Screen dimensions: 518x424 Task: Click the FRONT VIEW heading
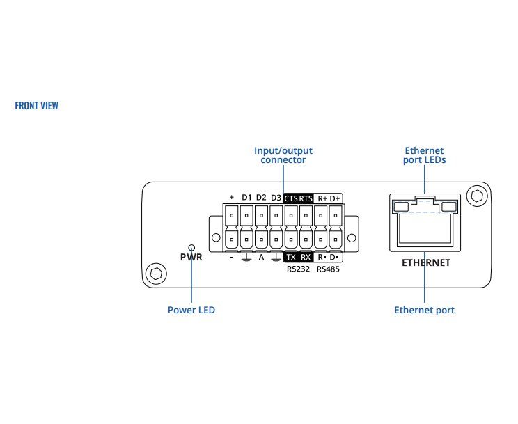pyautogui.click(x=37, y=106)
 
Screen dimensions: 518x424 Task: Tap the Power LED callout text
pyautogui.click(x=191, y=310)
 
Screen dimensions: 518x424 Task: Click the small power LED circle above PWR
pyautogui.click(x=191, y=248)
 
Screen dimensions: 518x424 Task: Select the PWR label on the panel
pyautogui.click(x=191, y=257)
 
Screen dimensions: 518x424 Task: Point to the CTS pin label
pyautogui.click(x=291, y=198)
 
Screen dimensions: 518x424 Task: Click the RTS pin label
pyautogui.click(x=306, y=198)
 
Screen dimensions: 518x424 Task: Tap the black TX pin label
pyautogui.click(x=291, y=257)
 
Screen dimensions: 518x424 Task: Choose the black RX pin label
pyautogui.click(x=306, y=257)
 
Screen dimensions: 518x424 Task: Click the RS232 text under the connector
pyautogui.click(x=298, y=269)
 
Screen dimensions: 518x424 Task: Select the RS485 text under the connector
pyautogui.click(x=328, y=269)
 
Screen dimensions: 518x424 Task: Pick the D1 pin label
pyautogui.click(x=246, y=198)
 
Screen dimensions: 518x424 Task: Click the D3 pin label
pyautogui.click(x=276, y=198)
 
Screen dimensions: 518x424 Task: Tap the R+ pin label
pyautogui.click(x=322, y=198)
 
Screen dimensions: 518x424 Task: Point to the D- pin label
pyautogui.click(x=334, y=257)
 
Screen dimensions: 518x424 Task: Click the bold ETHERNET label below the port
pyautogui.click(x=426, y=262)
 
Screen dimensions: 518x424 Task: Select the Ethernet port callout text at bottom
pyautogui.click(x=424, y=310)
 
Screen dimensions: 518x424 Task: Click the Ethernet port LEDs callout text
pyautogui.click(x=424, y=155)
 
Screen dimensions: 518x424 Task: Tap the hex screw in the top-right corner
pyautogui.click(x=477, y=196)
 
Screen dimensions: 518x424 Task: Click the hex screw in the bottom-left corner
pyautogui.click(x=156, y=274)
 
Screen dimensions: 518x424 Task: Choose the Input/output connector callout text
pyautogui.click(x=283, y=155)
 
